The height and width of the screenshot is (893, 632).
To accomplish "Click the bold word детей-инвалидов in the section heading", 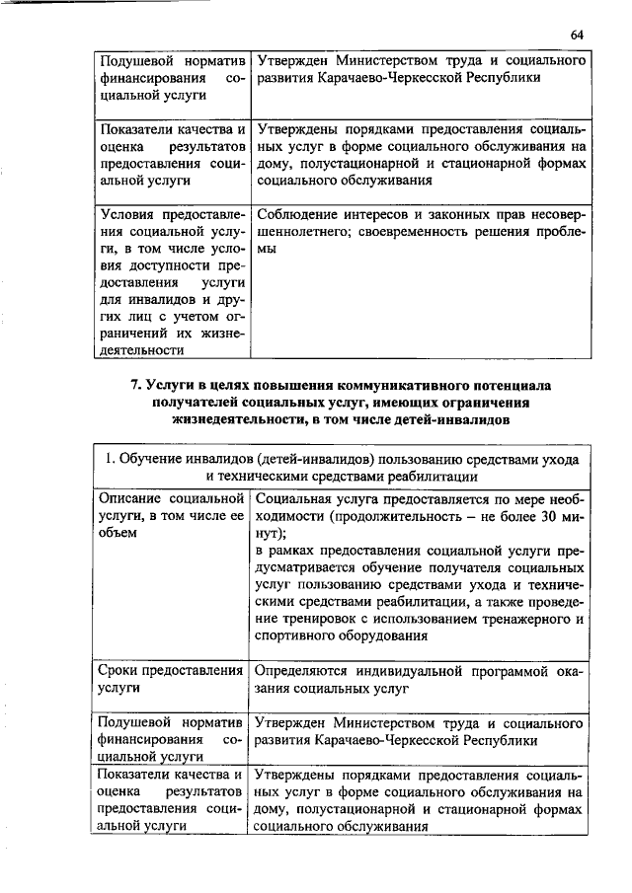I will (451, 420).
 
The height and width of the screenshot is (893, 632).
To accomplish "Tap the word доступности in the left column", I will (164, 264).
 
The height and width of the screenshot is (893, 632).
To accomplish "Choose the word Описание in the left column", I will (131, 495).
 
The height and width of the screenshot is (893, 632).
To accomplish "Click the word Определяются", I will (305, 671).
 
